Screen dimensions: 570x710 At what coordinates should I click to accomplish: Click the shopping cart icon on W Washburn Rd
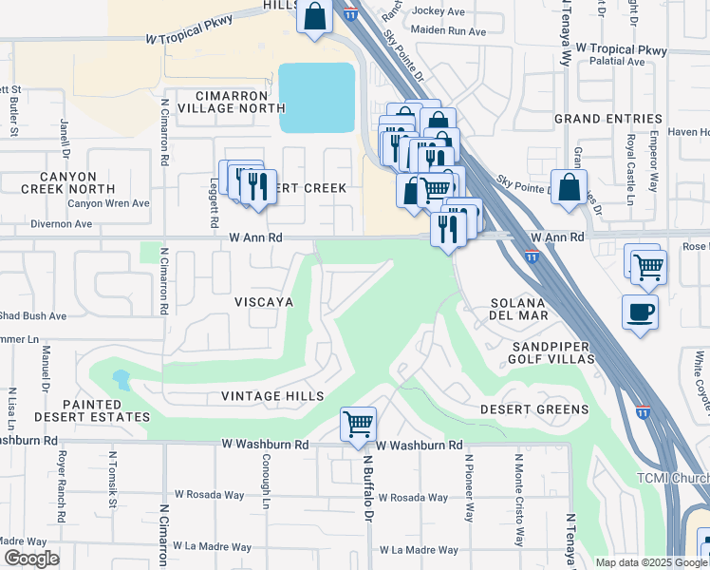tap(358, 424)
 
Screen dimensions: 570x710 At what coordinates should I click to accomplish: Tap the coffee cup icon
tap(641, 312)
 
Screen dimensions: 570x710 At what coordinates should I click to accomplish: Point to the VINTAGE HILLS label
tap(272, 396)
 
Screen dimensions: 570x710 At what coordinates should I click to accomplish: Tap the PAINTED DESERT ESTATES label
tap(92, 410)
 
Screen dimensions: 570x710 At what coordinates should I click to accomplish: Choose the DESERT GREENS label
tap(533, 409)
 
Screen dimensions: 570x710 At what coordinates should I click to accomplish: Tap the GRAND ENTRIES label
tap(607, 119)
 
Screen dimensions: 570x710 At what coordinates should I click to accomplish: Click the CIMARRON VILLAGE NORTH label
tap(226, 103)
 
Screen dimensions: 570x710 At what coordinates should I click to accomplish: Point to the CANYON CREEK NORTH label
tap(68, 182)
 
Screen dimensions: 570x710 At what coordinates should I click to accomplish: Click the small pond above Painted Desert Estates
tap(121, 380)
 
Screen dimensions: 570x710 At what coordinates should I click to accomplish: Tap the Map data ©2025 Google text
tap(650, 562)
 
